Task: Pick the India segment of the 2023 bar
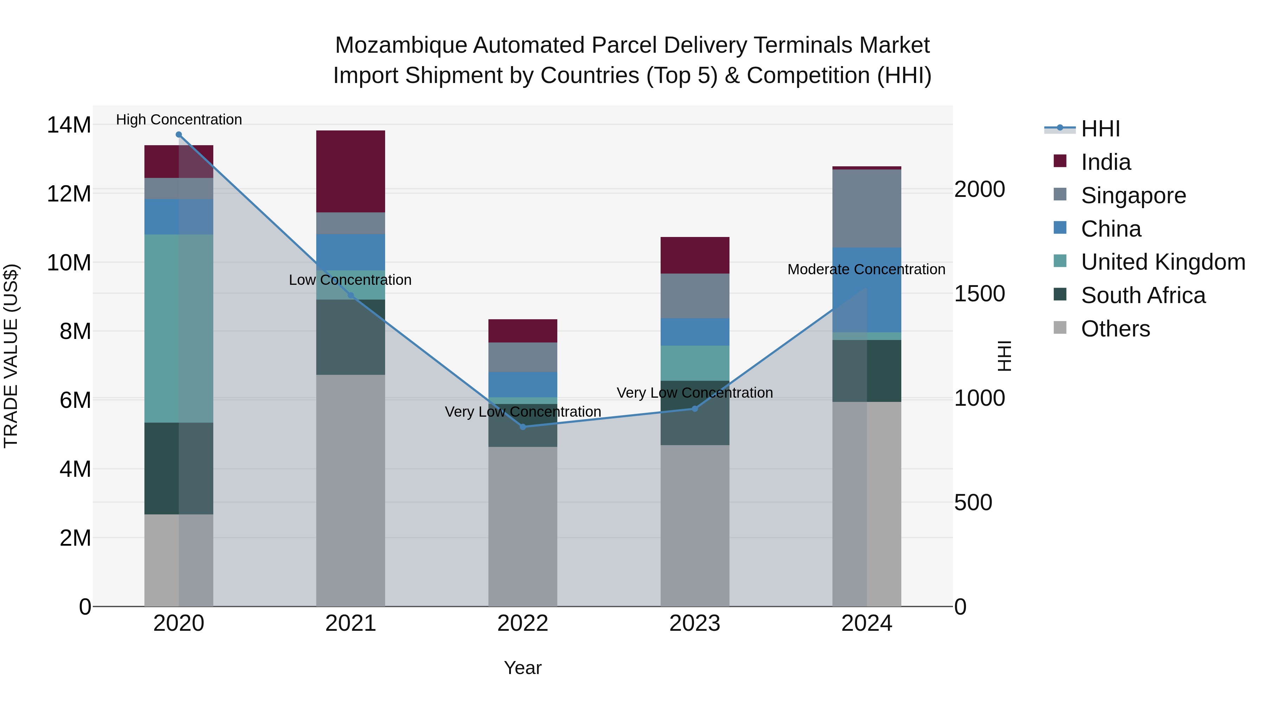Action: (x=694, y=255)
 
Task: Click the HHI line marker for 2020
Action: (x=179, y=135)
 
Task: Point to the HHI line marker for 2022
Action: (x=523, y=426)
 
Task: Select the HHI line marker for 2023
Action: (x=694, y=408)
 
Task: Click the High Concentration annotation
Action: (x=179, y=120)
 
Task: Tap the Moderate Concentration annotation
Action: (x=866, y=269)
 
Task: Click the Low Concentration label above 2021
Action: (x=350, y=280)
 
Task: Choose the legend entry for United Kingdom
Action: (x=1163, y=262)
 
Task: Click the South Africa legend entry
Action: (x=1143, y=295)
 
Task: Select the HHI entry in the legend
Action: (x=1100, y=129)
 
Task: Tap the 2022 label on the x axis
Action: (x=523, y=623)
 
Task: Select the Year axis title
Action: (x=523, y=668)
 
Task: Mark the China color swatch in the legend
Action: (x=1060, y=228)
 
